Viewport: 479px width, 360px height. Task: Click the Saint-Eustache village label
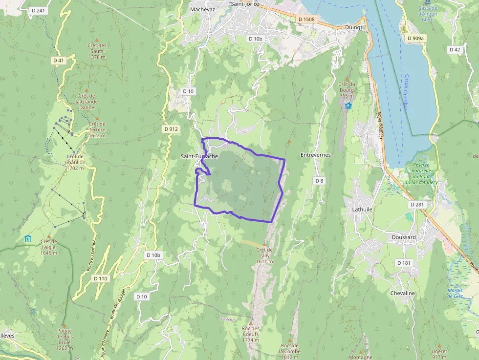(x=199, y=156)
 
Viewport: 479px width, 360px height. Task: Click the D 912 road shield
(x=172, y=129)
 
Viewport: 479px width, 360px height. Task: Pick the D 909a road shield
(x=416, y=38)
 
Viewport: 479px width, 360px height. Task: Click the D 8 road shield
(x=319, y=181)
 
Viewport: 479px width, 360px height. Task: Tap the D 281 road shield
(x=418, y=204)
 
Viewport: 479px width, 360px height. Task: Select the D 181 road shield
(x=404, y=263)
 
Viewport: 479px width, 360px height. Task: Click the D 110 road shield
(x=100, y=278)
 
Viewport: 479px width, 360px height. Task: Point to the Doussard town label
(x=404, y=237)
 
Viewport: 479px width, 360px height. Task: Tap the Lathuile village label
(x=362, y=209)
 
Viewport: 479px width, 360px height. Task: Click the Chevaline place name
(x=402, y=293)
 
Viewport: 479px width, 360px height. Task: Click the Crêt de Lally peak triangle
(x=264, y=244)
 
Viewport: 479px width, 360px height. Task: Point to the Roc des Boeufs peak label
(x=250, y=334)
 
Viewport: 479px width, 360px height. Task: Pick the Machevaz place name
(x=202, y=9)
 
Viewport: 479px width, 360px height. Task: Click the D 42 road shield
(x=455, y=49)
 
